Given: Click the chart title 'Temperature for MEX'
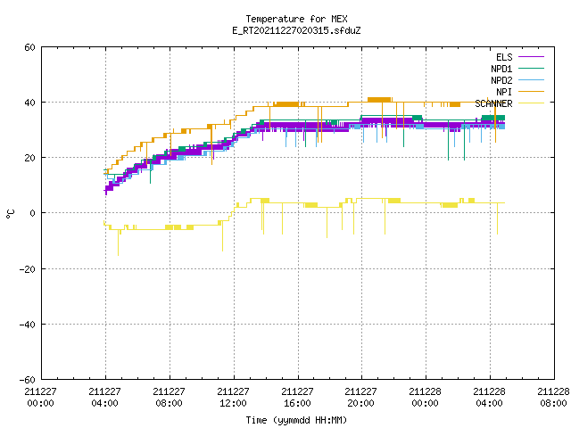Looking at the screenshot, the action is coord(296,19).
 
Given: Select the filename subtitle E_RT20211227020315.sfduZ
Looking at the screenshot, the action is coord(296,30).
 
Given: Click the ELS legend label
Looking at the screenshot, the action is coord(504,57).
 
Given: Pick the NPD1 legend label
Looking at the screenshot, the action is coord(501,69).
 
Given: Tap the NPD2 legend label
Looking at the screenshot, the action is coord(501,80).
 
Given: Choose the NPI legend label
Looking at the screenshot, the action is coord(504,92).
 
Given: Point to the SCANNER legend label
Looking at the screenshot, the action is coord(493,103).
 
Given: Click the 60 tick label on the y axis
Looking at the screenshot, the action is coord(29,47).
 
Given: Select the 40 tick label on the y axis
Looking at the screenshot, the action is coord(29,103).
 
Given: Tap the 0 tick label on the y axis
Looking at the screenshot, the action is coord(32,213).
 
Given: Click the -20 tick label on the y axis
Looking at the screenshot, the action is coord(27,269).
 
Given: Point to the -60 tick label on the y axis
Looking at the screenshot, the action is coord(27,380).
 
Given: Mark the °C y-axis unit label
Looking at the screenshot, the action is coord(10,214).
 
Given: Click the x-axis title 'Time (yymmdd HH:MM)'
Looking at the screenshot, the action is coord(296,420).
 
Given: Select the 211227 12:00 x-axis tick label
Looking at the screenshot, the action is coord(233,397).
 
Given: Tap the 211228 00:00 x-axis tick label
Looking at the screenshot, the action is coord(425,397).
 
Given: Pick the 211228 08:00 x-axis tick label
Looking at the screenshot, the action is coord(553,397).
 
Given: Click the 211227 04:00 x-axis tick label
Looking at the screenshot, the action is coord(105,397).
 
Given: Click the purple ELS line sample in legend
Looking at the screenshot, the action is coord(532,57).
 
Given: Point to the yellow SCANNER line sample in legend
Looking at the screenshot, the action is coord(532,103).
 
